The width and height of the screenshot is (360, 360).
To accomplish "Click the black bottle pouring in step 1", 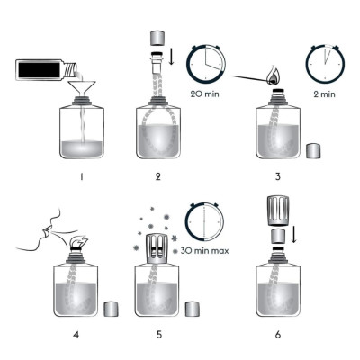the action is [48, 70].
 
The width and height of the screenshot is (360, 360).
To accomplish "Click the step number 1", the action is [82, 176].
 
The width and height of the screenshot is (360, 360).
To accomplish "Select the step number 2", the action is [158, 176].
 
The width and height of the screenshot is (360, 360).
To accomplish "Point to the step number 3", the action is [278, 176].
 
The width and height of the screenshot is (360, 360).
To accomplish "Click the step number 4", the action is [76, 334].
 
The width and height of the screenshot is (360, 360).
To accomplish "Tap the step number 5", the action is [159, 334].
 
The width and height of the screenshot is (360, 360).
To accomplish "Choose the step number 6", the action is [278, 334].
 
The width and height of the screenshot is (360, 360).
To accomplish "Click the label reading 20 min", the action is [205, 94].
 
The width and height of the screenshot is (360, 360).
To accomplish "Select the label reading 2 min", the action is [324, 94].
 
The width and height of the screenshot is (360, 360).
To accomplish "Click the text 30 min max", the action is [205, 250].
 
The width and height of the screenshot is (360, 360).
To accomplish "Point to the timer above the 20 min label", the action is [206, 64].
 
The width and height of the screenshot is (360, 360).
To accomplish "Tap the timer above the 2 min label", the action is [325, 64].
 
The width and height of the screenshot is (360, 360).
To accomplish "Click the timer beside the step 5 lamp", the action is [204, 221].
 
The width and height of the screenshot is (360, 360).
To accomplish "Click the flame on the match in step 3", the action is [273, 76].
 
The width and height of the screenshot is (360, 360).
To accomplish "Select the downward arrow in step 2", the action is [171, 56].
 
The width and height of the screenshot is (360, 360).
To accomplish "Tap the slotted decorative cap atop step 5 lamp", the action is [156, 248].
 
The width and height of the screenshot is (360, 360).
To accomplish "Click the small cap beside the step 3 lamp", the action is [313, 151].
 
